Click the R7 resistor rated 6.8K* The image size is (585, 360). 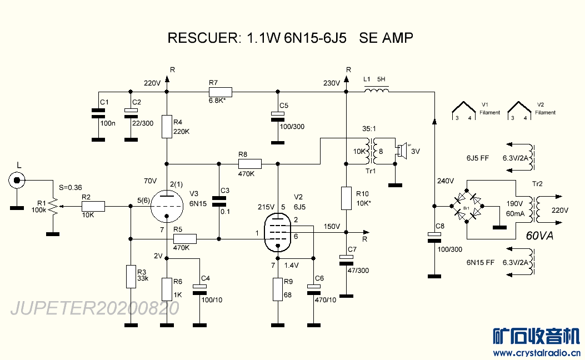tap(221, 92)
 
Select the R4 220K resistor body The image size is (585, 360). tap(167, 126)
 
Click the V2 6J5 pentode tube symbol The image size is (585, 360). tap(277, 233)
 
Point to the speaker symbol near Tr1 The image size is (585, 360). tap(399, 150)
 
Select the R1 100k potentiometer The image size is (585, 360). tap(53, 206)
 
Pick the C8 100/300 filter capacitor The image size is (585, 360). tap(434, 237)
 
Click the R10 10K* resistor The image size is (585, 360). tap(346, 198)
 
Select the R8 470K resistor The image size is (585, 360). tap(249, 164)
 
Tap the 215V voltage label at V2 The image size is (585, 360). tap(266, 207)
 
